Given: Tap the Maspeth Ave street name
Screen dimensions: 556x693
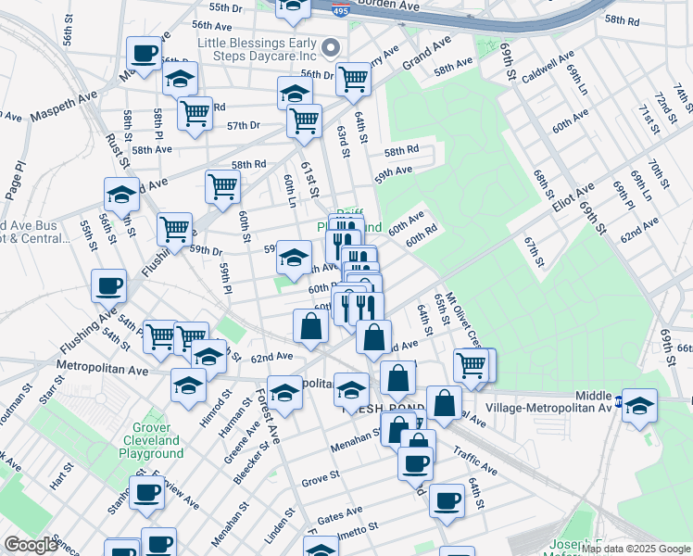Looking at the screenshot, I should click(x=63, y=115).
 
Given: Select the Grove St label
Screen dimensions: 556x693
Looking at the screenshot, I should click(x=321, y=481).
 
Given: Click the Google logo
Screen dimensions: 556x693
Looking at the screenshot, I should click(x=31, y=545).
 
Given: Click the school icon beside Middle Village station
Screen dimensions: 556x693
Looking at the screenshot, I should click(x=638, y=405).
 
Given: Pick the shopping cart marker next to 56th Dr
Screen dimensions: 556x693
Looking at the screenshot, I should click(x=353, y=80).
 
